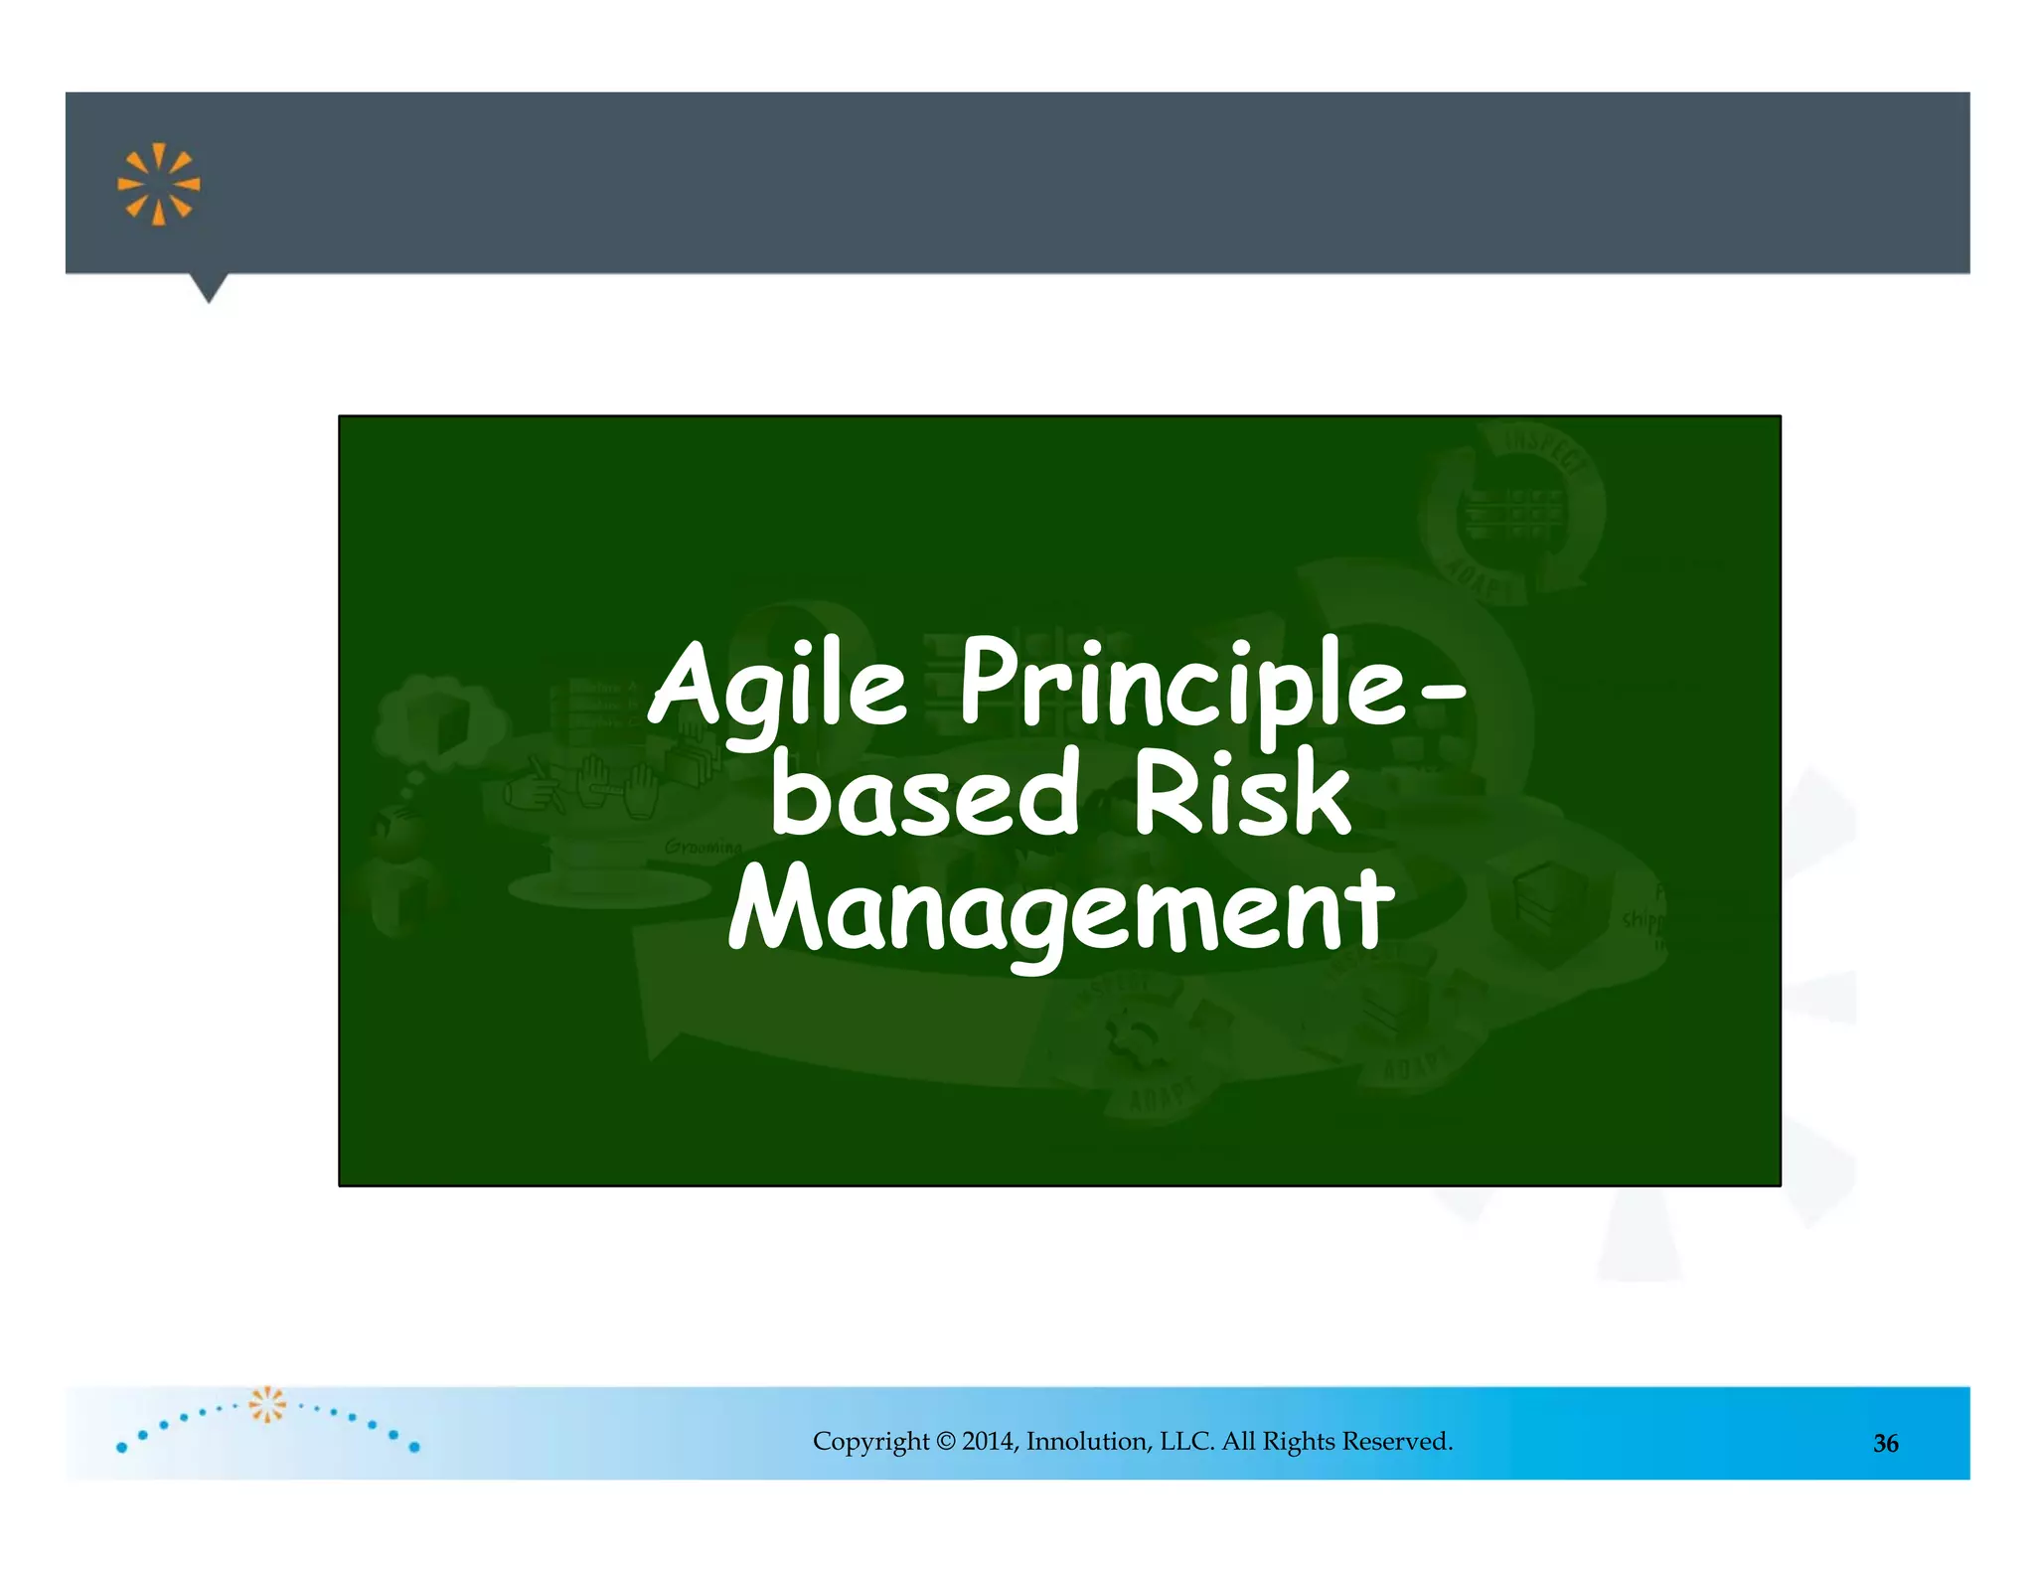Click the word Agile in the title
click(778, 686)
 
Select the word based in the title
click(924, 795)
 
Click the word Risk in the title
click(1242, 795)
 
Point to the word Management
click(1060, 909)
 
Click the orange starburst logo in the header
click(158, 185)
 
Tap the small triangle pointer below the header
click(209, 288)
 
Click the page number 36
click(1885, 1444)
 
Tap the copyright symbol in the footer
click(945, 1441)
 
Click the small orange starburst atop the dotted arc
click(267, 1403)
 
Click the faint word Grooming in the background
click(704, 848)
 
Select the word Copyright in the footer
click(870, 1441)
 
